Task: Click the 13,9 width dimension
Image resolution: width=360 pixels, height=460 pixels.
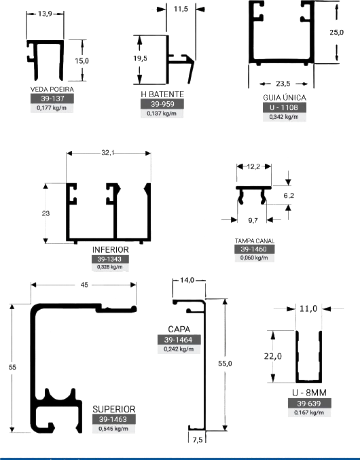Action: click(x=45, y=14)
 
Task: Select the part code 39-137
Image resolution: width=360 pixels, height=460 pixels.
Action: click(x=52, y=99)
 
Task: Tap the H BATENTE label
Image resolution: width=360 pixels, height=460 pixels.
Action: click(x=162, y=94)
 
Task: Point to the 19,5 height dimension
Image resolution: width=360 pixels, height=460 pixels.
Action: click(x=140, y=58)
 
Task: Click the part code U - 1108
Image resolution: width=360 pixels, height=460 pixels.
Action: click(x=284, y=107)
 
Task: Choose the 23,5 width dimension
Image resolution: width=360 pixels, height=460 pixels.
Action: click(x=283, y=84)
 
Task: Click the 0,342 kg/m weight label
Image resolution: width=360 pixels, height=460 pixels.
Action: click(x=284, y=117)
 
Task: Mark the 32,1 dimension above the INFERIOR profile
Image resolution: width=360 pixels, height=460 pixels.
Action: click(x=108, y=153)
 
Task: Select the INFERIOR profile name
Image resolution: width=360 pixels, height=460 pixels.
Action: click(x=110, y=249)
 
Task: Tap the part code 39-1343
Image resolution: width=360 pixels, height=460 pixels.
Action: click(x=109, y=259)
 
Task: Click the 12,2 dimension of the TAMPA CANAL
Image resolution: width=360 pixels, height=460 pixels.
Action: click(x=253, y=167)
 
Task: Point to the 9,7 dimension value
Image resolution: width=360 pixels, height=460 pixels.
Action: click(x=253, y=220)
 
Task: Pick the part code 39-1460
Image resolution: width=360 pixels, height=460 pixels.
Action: click(x=253, y=249)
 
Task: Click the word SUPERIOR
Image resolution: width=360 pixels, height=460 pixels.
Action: click(x=114, y=409)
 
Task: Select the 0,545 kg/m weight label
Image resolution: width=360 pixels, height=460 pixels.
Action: click(x=113, y=429)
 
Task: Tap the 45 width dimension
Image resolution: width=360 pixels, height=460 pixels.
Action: click(x=84, y=285)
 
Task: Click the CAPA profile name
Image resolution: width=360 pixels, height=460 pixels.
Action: click(x=179, y=329)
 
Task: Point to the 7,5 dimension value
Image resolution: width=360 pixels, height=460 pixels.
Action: click(x=198, y=440)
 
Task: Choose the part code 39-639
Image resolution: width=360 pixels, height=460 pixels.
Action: click(x=309, y=404)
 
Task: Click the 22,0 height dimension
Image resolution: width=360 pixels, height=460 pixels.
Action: click(x=273, y=357)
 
